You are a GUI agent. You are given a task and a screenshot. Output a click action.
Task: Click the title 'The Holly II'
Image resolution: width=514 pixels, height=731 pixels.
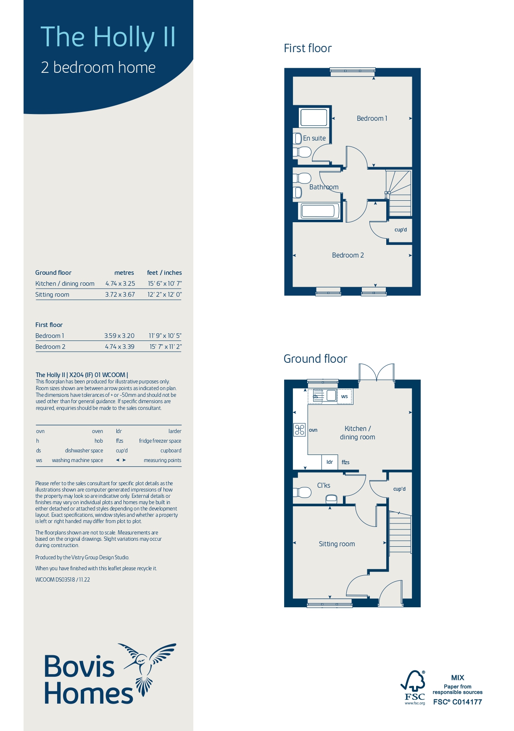point(108,37)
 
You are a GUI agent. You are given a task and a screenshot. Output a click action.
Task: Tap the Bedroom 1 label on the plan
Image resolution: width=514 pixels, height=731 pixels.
point(372,118)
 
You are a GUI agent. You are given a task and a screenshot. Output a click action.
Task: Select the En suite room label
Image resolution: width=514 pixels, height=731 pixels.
point(314,138)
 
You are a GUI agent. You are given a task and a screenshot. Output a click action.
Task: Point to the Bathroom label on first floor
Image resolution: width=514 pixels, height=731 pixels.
point(324,187)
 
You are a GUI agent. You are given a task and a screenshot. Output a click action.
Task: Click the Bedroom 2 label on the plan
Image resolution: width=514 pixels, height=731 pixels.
point(348,255)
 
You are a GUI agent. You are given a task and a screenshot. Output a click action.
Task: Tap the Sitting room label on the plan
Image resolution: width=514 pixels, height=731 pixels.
point(337,544)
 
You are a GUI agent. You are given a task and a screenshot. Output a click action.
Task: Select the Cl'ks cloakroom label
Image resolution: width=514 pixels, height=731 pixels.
point(324,485)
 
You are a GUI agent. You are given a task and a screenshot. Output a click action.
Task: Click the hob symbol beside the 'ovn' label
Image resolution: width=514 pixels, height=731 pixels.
point(299,430)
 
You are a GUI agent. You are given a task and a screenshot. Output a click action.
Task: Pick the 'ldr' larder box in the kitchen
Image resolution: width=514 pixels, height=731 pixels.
point(329,462)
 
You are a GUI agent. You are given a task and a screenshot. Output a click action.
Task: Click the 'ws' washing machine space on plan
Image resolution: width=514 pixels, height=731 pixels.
point(345,396)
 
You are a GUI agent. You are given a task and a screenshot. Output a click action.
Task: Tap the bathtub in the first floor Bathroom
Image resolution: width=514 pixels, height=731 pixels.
point(319,211)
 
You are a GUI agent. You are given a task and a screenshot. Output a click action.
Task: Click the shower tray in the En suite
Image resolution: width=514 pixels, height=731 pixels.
point(314,117)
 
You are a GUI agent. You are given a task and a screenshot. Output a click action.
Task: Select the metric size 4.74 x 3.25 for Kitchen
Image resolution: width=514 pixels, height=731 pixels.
point(120,284)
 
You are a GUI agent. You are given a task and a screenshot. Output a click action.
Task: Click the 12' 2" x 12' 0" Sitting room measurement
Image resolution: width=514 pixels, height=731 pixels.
point(164,295)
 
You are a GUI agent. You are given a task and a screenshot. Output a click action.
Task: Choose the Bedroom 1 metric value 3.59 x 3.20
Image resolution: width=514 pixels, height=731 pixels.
point(119,336)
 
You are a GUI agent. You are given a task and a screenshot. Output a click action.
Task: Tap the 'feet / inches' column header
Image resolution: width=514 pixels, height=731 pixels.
point(164,273)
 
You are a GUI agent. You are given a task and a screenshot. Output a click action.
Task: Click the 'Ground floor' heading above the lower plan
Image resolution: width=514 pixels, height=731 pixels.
point(315,359)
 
